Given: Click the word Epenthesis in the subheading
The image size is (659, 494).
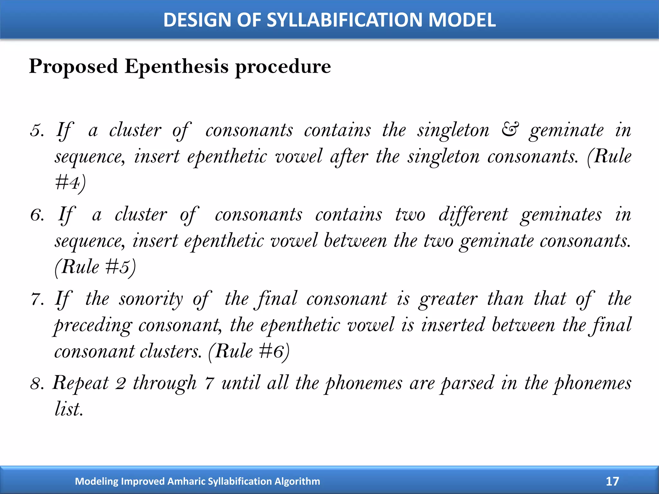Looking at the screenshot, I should (177, 67).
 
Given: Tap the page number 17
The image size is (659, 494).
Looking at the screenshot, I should (612, 481).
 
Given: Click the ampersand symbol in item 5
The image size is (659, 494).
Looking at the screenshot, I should (510, 130).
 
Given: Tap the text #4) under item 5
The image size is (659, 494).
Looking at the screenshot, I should (70, 183).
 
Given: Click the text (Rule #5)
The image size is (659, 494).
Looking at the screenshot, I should (95, 267).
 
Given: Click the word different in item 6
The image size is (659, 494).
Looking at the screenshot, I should (473, 215).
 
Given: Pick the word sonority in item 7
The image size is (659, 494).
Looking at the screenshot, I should (151, 299).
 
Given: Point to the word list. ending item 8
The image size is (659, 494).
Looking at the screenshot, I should (69, 409).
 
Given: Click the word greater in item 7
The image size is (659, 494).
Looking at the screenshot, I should (448, 299).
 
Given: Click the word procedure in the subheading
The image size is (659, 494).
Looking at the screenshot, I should (283, 67).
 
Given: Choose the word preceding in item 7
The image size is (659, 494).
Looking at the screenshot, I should (93, 325).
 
